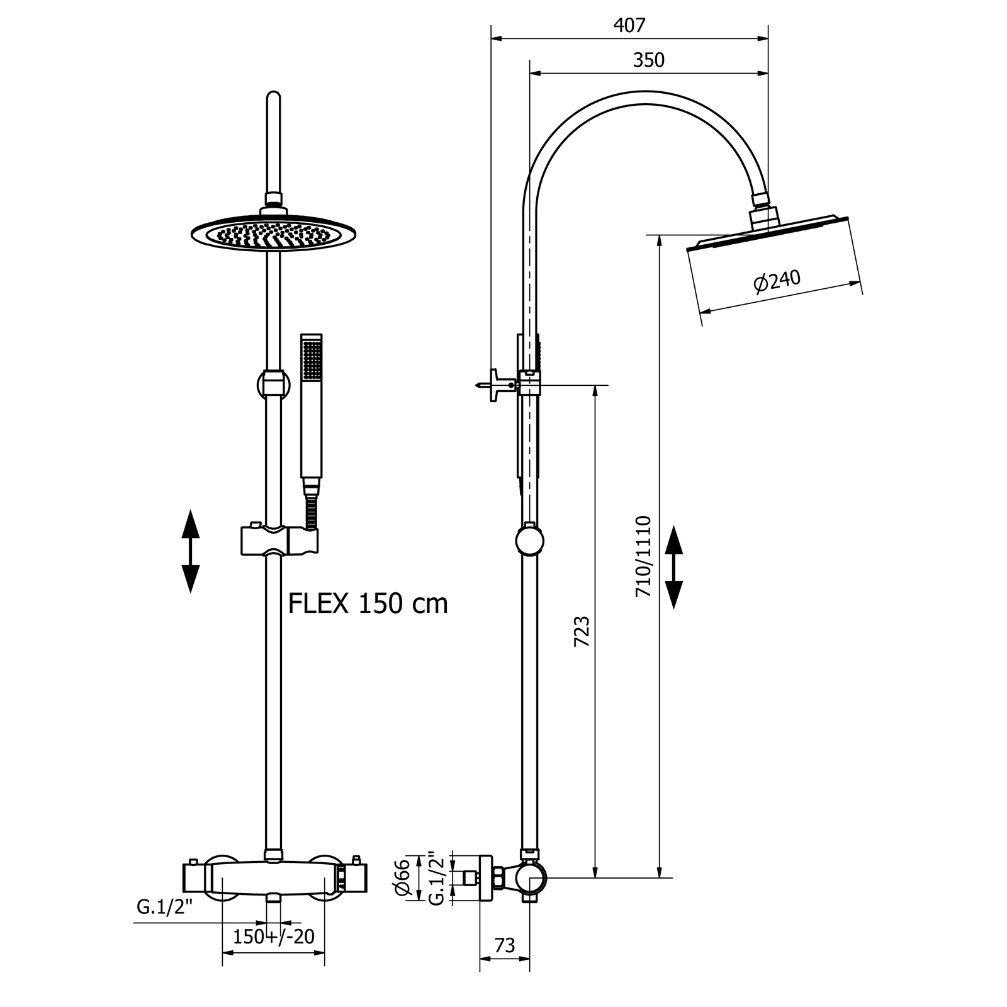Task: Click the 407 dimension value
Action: pos(629,25)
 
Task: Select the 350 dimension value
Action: pos(648,60)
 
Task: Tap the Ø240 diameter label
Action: pos(777,281)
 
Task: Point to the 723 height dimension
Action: pos(582,631)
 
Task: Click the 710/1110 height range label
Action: pos(643,557)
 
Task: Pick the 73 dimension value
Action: pos(505,945)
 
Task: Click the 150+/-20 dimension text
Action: pos(274,937)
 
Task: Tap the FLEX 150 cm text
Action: pos(368,604)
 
